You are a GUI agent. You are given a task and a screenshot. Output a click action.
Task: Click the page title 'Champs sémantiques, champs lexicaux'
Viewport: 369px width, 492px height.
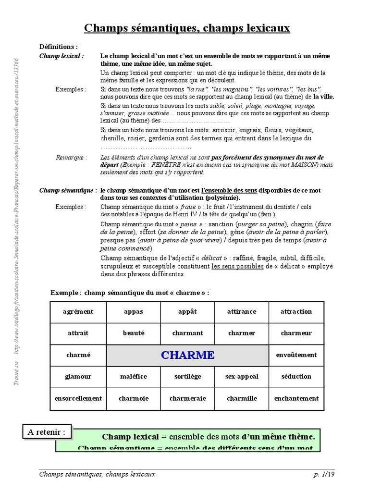pos(187,28)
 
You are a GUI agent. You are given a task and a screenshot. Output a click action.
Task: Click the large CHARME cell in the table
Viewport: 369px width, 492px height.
pos(187,355)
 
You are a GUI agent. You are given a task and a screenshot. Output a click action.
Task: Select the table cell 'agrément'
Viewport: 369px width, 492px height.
pos(78,311)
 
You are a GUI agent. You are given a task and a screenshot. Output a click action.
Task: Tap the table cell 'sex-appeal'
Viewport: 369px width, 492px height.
pos(242,376)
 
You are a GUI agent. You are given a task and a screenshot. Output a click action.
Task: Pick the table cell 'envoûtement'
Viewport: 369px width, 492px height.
pos(296,355)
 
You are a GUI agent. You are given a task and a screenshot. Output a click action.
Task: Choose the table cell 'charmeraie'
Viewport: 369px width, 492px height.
pos(187,398)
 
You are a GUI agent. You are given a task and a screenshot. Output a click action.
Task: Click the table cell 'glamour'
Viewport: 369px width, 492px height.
pos(78,376)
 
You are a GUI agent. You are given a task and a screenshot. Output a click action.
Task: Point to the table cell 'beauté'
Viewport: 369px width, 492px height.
pos(133,333)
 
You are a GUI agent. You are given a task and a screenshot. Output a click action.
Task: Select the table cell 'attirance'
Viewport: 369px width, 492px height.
pos(242,311)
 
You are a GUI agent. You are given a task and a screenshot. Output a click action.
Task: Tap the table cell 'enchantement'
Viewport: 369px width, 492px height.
pos(296,398)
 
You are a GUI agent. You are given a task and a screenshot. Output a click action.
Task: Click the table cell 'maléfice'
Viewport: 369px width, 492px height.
pos(133,376)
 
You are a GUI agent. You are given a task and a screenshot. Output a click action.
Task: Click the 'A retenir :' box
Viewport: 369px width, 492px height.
pos(47,432)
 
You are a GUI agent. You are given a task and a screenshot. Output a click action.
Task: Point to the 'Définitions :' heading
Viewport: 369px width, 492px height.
pos(58,47)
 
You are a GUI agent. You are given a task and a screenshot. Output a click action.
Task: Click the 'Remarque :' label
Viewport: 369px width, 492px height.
pos(72,157)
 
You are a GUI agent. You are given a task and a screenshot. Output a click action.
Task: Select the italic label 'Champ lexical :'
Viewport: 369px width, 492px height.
pos(61,56)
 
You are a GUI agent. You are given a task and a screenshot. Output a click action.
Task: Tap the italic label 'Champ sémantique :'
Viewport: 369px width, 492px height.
pos(68,190)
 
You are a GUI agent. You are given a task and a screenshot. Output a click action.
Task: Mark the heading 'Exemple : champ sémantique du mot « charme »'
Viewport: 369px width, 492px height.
pos(130,293)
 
